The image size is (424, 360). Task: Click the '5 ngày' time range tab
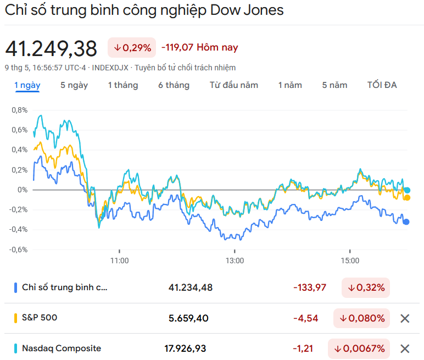point(74,85)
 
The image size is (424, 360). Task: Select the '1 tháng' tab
point(123,85)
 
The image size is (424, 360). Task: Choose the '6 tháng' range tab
point(174,85)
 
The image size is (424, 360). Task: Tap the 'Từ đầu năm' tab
point(234,85)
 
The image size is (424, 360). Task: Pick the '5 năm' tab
point(334,85)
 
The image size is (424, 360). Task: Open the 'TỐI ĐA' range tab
point(382,85)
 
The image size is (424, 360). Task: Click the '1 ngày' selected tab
point(27,85)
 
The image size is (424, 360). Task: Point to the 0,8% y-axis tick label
point(19,110)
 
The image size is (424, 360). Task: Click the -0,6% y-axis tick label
point(18,250)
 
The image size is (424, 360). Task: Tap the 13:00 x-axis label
point(235,261)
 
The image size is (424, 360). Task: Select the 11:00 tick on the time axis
point(119,261)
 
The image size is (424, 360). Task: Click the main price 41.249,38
point(51,49)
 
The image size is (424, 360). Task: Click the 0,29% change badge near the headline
point(132,48)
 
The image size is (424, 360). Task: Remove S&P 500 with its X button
point(405,318)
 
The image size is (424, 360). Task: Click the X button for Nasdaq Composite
point(405,348)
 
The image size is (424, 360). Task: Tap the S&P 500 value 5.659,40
point(189,318)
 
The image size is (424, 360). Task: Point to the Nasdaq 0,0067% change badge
point(359,348)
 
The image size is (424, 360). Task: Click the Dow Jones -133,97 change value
point(310,287)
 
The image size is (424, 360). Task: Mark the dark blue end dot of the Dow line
point(406,222)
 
